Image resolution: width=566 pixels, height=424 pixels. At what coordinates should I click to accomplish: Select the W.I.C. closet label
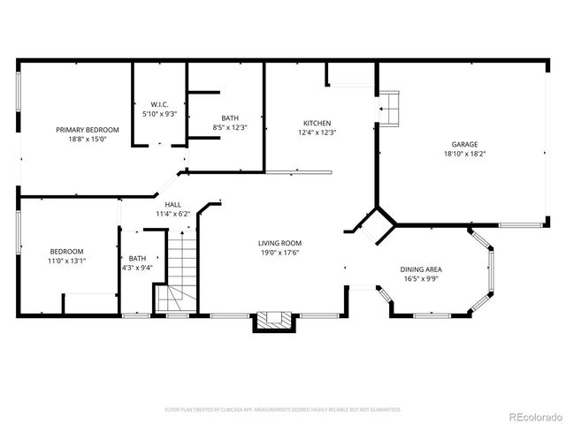159,105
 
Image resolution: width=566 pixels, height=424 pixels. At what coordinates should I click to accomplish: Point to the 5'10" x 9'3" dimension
159,114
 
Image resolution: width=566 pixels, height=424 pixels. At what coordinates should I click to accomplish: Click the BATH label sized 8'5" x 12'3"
230,117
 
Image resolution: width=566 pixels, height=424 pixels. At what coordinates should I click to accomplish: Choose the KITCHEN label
317,123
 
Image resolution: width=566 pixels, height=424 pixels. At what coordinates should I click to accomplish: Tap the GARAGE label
464,144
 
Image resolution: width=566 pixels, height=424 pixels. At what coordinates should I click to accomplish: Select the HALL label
173,204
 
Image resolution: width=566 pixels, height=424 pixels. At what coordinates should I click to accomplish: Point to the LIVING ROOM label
280,243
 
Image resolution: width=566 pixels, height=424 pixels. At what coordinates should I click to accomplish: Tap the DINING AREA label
421,269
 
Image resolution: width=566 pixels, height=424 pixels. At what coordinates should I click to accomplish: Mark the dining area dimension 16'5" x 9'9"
421,278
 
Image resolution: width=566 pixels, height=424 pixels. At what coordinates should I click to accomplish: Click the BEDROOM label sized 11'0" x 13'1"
66,251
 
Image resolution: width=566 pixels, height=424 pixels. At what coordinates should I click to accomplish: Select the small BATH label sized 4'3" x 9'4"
138,259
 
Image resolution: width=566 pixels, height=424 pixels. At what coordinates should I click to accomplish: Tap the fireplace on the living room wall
272,321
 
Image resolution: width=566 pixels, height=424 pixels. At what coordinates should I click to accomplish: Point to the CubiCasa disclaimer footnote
283,409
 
